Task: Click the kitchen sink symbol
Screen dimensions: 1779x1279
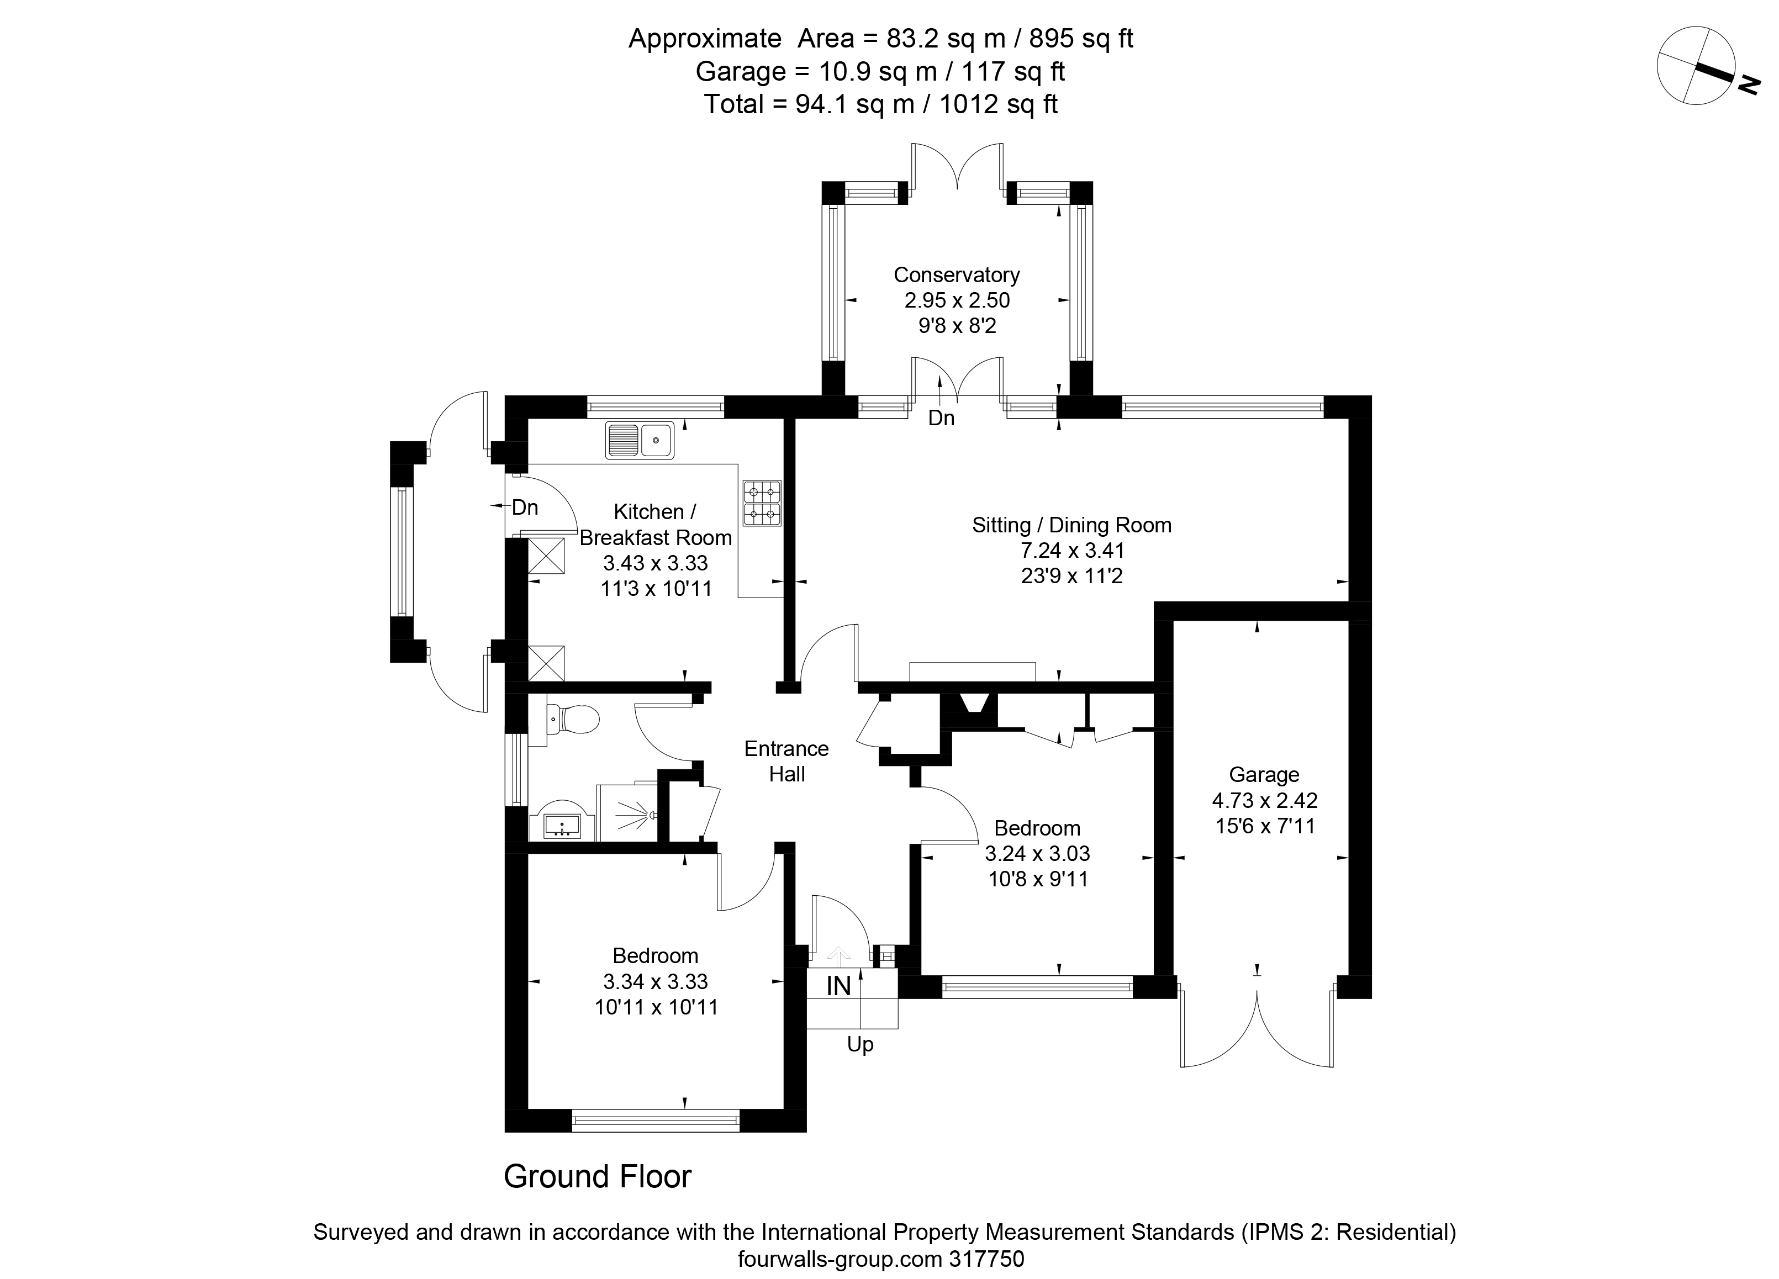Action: [x=639, y=440]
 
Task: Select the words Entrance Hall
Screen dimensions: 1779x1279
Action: [x=786, y=762]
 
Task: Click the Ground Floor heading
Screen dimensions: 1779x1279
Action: [x=598, y=1177]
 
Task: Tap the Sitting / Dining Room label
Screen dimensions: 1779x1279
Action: [x=1071, y=525]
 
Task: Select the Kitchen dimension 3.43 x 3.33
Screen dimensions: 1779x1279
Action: [x=656, y=563]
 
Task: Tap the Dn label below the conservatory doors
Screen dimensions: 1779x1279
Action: [x=941, y=419]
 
